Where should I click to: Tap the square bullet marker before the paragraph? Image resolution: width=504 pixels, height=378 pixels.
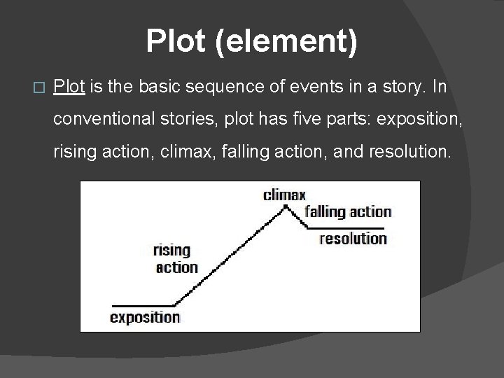38,88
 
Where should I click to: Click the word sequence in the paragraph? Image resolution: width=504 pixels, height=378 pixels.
222,87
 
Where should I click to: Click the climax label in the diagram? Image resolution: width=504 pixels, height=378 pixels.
284,195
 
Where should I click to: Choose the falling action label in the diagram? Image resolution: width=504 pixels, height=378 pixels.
348,211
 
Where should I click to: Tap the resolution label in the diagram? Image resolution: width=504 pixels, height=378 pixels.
353,239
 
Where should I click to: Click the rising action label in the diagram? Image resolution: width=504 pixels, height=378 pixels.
175,258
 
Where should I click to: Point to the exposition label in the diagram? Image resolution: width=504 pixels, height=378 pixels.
145,317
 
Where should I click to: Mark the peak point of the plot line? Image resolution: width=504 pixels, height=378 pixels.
286,206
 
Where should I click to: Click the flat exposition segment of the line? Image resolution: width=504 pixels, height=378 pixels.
143,305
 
